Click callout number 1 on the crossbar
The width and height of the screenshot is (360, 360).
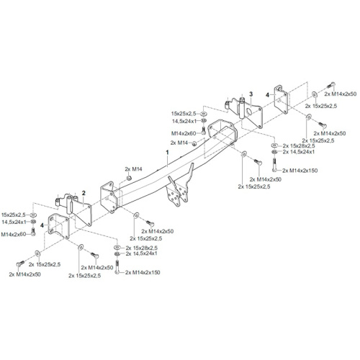click(x=167, y=153)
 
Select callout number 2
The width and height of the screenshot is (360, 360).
click(x=84, y=193)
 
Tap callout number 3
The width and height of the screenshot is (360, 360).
click(x=251, y=94)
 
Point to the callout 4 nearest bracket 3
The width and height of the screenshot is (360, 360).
click(x=267, y=95)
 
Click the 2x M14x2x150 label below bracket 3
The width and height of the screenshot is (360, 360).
click(x=300, y=171)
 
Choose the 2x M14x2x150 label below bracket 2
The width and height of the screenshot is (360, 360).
click(x=143, y=272)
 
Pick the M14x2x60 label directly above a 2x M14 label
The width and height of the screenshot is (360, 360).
click(x=184, y=133)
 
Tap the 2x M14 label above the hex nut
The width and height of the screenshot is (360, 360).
click(x=133, y=169)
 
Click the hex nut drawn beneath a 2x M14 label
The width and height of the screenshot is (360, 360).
click(x=129, y=178)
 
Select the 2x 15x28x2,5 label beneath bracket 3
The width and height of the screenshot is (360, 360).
click(x=299, y=145)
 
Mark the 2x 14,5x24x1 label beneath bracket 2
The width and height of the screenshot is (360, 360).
click(x=142, y=253)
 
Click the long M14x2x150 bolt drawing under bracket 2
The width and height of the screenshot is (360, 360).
click(x=117, y=267)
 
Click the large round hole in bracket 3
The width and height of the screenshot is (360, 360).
click(x=248, y=112)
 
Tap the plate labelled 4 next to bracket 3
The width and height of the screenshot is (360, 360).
click(x=281, y=99)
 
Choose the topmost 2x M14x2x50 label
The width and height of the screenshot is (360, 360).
click(x=341, y=94)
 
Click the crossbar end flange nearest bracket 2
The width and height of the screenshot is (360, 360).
click(x=108, y=197)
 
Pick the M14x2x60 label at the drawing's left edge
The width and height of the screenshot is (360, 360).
click(x=14, y=234)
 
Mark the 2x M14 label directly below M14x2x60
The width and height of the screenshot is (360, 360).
click(x=179, y=143)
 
